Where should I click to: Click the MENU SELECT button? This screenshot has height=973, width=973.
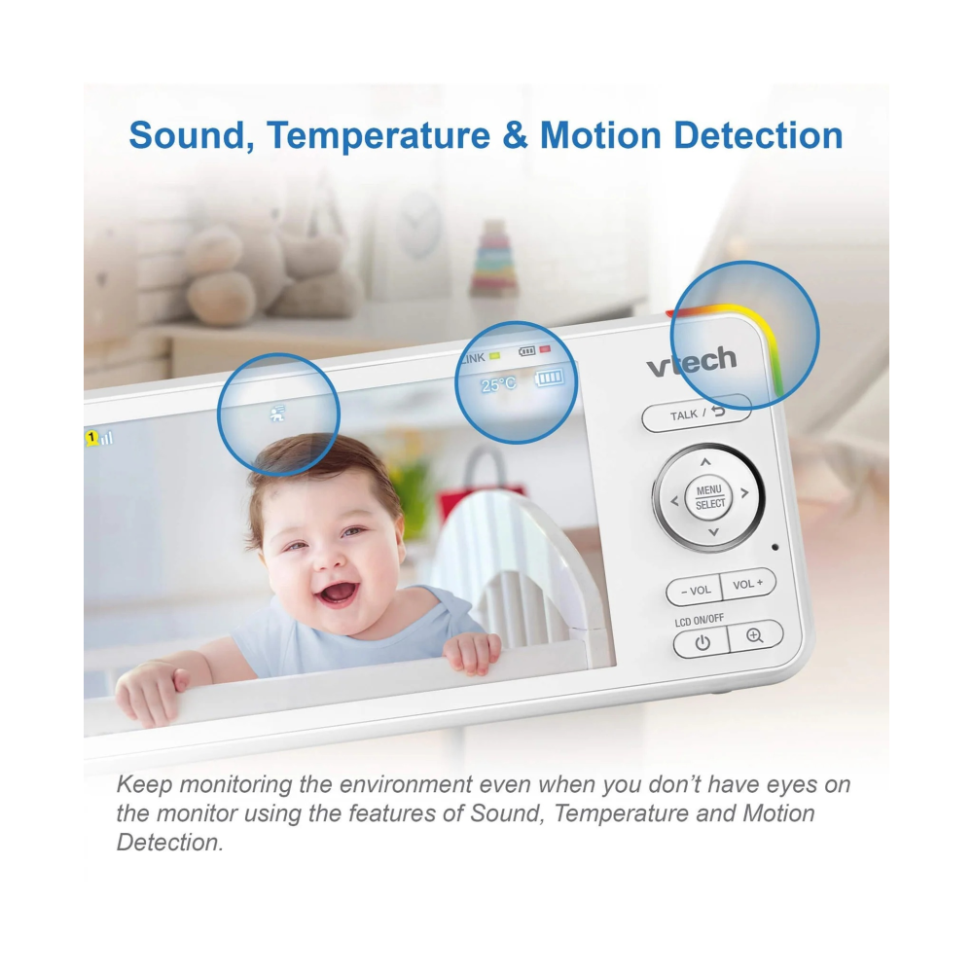tap(708, 497)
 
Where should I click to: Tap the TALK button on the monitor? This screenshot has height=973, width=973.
tap(697, 414)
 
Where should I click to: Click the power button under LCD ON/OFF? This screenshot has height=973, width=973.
tap(702, 642)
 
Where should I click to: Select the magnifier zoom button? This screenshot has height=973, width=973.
tap(755, 635)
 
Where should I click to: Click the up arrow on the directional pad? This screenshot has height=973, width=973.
tap(704, 461)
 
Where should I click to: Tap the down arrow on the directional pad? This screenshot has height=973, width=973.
tap(713, 532)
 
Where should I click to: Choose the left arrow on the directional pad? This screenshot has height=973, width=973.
tap(674, 501)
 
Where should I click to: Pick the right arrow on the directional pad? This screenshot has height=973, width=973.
tap(744, 492)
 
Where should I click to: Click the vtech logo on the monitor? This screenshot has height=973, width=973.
tap(691, 361)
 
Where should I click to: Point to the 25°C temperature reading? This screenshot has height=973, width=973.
tap(498, 384)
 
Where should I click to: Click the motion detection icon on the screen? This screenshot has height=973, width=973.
tap(277, 414)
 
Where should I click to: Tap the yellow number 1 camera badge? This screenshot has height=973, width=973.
tap(91, 438)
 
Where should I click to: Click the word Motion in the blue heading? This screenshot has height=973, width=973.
tap(600, 135)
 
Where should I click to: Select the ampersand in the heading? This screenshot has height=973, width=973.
tap(515, 135)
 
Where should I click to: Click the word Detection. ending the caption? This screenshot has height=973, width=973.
tap(170, 842)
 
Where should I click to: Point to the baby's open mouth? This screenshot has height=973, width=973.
tap(338, 593)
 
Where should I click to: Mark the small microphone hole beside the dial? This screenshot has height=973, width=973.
tap(775, 547)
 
